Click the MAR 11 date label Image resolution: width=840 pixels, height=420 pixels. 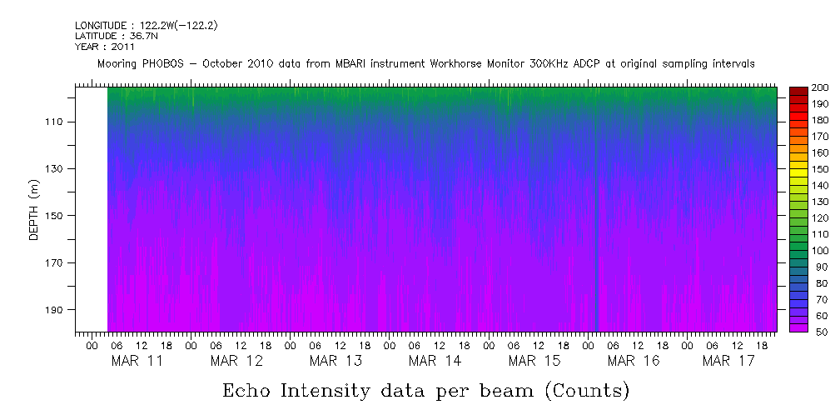pos(137,361)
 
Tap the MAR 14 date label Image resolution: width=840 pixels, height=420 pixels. pos(435,361)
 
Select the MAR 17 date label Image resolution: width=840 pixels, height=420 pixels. pos(728,361)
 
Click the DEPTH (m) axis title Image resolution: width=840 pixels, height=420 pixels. pos(34,213)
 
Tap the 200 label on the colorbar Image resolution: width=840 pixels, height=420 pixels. pos(820,88)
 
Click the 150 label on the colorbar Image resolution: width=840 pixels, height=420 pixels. pos(820,169)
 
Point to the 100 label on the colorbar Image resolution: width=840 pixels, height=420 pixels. pos(820,251)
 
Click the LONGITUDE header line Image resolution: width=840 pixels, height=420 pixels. pos(147,26)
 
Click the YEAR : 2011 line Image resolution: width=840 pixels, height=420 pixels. pos(105,47)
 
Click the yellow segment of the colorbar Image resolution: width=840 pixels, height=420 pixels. pos(798,172)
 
